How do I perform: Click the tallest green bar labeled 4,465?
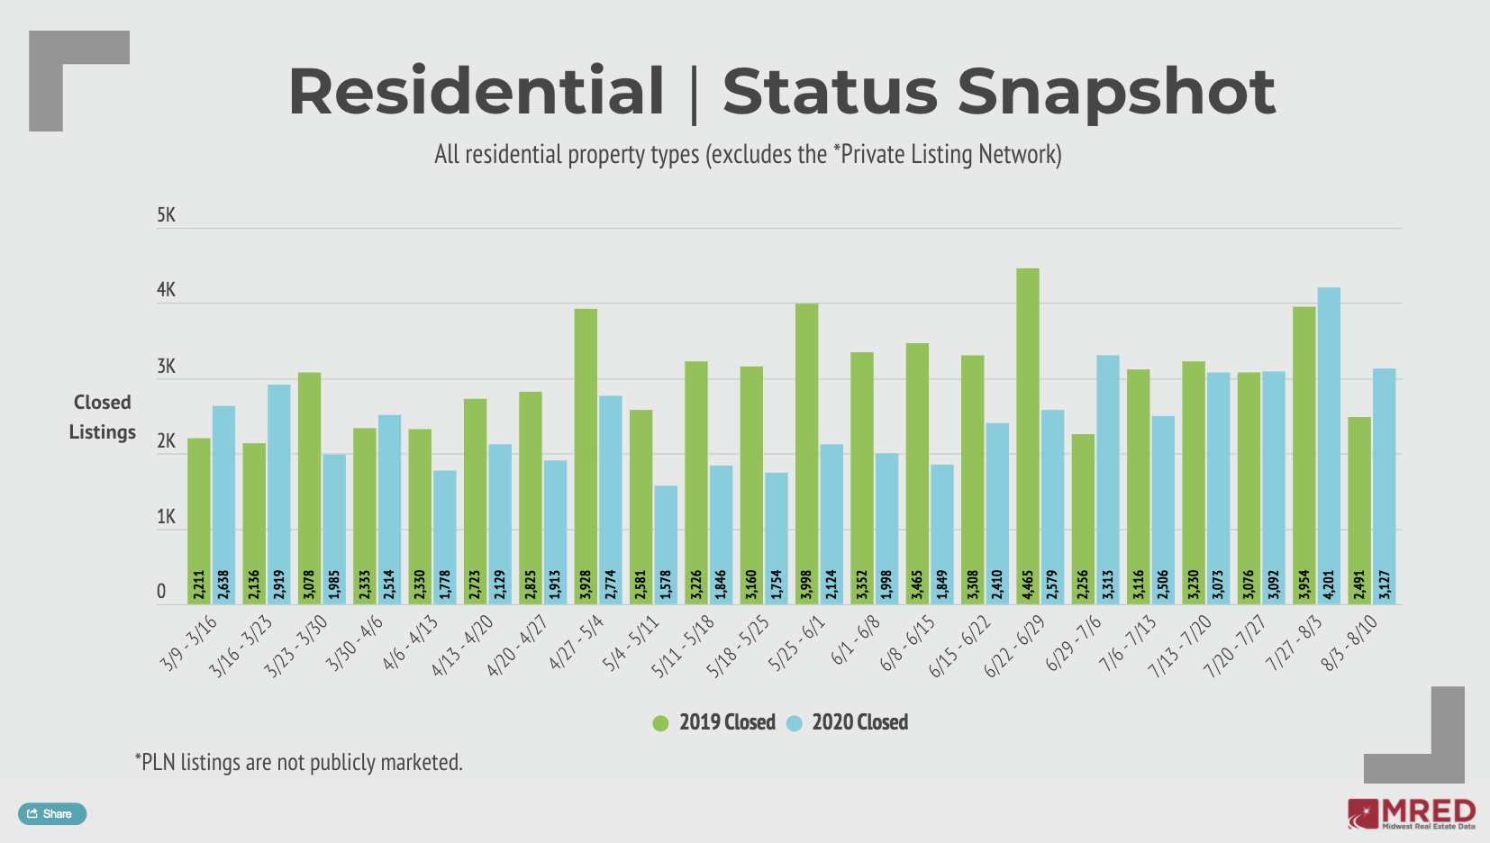pyautogui.click(x=1027, y=432)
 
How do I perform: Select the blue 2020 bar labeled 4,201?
pyautogui.click(x=1329, y=441)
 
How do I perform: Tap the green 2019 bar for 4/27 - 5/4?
pyautogui.click(x=586, y=450)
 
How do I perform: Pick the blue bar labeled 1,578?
pyautogui.click(x=666, y=545)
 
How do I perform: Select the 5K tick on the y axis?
pyautogui.click(x=166, y=215)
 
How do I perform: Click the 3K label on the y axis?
pyautogui.click(x=166, y=367)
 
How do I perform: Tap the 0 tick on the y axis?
pyautogui.click(x=161, y=592)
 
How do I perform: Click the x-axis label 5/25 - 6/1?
pyautogui.click(x=796, y=644)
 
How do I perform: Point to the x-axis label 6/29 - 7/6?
pyautogui.click(x=1073, y=644)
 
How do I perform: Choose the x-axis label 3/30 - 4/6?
pyautogui.click(x=355, y=644)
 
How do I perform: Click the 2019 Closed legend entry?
pyautogui.click(x=715, y=722)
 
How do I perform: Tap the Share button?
pyautogui.click(x=52, y=813)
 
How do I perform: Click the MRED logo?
pyautogui.click(x=1412, y=813)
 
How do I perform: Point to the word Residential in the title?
pyautogui.click(x=476, y=92)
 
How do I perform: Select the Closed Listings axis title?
pyautogui.click(x=102, y=417)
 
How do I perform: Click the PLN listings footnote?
pyautogui.click(x=298, y=763)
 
